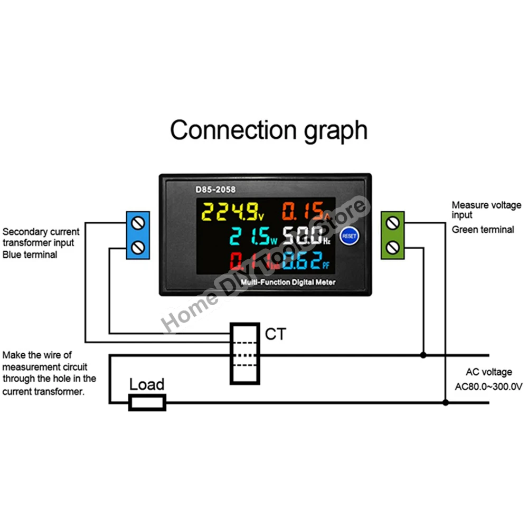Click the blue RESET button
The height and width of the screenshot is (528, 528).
tap(350, 236)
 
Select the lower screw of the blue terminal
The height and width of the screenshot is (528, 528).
tap(138, 246)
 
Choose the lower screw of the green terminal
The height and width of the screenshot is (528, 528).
tap(392, 246)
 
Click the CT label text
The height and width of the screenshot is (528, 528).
tap(275, 334)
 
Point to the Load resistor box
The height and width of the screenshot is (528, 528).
tap(148, 402)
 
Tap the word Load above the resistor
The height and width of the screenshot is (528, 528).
tap(147, 384)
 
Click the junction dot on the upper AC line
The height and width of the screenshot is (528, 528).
tap(423, 355)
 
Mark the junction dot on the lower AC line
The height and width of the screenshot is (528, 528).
tap(445, 402)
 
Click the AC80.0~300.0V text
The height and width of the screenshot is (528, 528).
tap(488, 386)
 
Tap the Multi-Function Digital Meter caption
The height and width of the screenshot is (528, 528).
tap(288, 282)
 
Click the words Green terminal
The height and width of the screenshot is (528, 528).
tap(483, 230)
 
